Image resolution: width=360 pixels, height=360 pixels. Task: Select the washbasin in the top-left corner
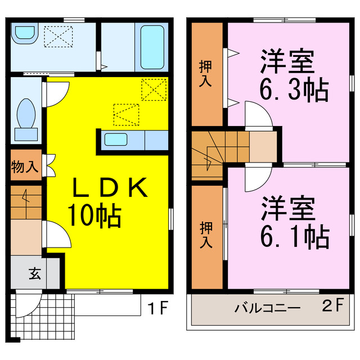point(25,34)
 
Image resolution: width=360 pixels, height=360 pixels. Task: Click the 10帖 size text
point(94,215)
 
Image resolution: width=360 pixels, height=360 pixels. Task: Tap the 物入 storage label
point(25,167)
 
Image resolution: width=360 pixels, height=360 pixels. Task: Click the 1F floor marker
point(159,308)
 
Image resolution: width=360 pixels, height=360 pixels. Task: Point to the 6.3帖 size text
point(294,89)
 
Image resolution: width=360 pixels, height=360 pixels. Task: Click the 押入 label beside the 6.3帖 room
point(206,73)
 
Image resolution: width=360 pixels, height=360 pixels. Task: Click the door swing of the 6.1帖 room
point(258,179)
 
